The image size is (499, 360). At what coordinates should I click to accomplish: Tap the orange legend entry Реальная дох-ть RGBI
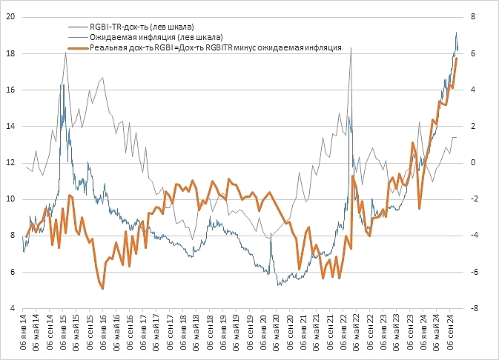(x=214, y=47)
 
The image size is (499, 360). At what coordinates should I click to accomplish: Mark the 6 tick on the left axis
(x=10, y=271)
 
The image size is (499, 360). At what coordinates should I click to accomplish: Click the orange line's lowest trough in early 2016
(x=102, y=288)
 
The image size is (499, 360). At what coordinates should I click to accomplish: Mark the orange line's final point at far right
(x=457, y=58)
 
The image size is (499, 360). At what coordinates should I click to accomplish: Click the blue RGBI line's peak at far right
(x=456, y=32)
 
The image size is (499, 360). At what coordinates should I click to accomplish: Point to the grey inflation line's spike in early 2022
(x=350, y=48)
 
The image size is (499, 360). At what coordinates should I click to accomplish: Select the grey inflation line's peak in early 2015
(x=66, y=52)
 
